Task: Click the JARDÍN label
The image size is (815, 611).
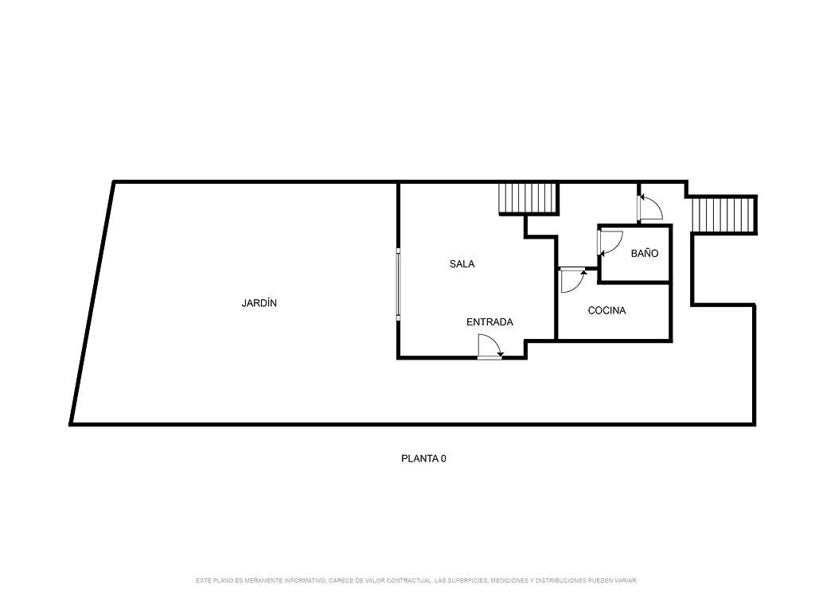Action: [x=259, y=303]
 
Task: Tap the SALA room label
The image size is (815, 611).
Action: [x=462, y=264]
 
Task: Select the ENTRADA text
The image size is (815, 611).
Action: [x=489, y=322]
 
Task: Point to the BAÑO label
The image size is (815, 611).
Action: [x=645, y=253]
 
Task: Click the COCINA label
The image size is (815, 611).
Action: [x=606, y=311]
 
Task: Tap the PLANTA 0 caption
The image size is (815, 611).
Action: [x=423, y=459]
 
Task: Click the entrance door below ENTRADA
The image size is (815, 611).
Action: [x=490, y=347]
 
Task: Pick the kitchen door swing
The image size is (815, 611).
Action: [x=573, y=280]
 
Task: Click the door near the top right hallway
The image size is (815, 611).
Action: [x=649, y=208]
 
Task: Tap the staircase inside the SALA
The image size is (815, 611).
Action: [x=528, y=198]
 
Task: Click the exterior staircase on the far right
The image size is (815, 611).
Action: [x=723, y=215]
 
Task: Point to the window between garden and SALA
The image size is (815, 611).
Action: [x=398, y=284]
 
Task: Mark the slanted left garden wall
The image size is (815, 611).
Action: [x=92, y=303]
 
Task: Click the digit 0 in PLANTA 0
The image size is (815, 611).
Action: [x=443, y=459]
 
